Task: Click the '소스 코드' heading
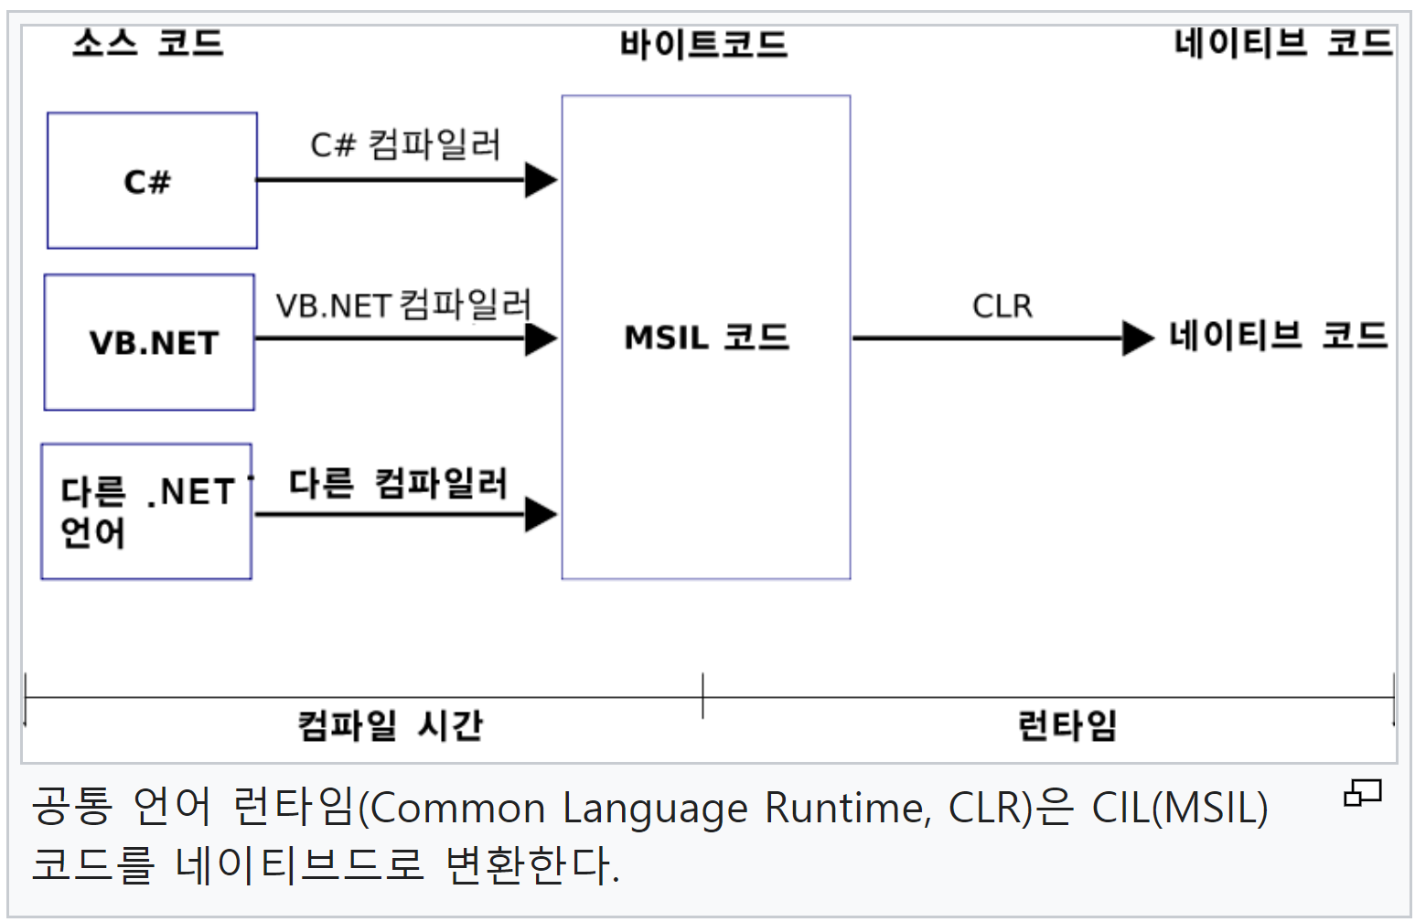(148, 43)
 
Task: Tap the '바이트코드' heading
(703, 45)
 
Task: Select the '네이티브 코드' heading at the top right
(1282, 43)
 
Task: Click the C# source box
(152, 181)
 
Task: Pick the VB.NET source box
(150, 343)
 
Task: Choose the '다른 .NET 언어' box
(146, 512)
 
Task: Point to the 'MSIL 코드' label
(706, 338)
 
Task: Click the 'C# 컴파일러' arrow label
(405, 145)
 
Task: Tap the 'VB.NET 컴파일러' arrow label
(403, 305)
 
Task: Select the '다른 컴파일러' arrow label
(398, 483)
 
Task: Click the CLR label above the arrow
(1002, 306)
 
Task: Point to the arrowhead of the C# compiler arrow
(541, 180)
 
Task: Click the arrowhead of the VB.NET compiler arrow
(541, 338)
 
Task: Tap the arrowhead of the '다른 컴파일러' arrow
(541, 515)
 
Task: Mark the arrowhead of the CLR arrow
(1137, 338)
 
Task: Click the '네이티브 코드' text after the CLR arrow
(1278, 336)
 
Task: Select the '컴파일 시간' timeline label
(390, 725)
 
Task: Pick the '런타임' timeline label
(1067, 725)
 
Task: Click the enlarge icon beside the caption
(1362, 792)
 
